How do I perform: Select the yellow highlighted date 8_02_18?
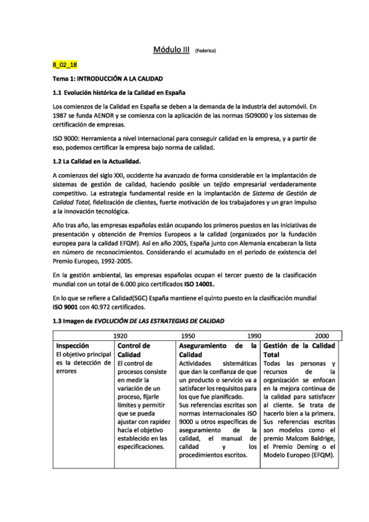tap(65, 65)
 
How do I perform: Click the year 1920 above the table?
tap(121, 336)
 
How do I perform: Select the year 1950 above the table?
tap(189, 336)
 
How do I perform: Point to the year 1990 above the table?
tap(254, 336)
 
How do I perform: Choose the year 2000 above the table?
tap(322, 336)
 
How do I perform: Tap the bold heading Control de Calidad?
tap(136, 351)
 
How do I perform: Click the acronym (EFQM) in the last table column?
tap(320, 455)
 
